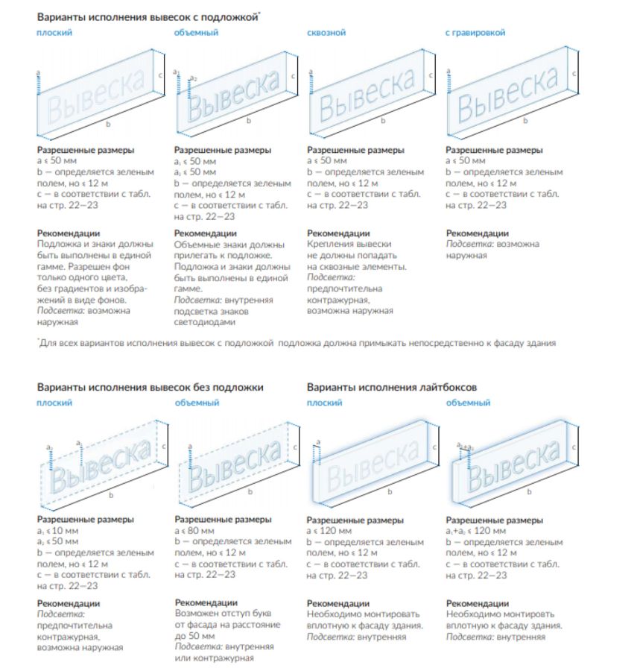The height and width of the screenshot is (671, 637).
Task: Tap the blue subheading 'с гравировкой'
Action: [x=475, y=33]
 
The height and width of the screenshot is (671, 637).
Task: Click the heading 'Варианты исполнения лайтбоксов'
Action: [x=391, y=388]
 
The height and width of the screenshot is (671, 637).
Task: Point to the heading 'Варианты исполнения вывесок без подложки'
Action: [x=150, y=388]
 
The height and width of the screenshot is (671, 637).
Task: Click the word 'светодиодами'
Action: [x=205, y=322]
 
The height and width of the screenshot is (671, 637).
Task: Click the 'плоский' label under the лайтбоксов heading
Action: [x=324, y=403]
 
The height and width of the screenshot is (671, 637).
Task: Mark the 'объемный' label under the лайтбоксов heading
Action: [x=468, y=403]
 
